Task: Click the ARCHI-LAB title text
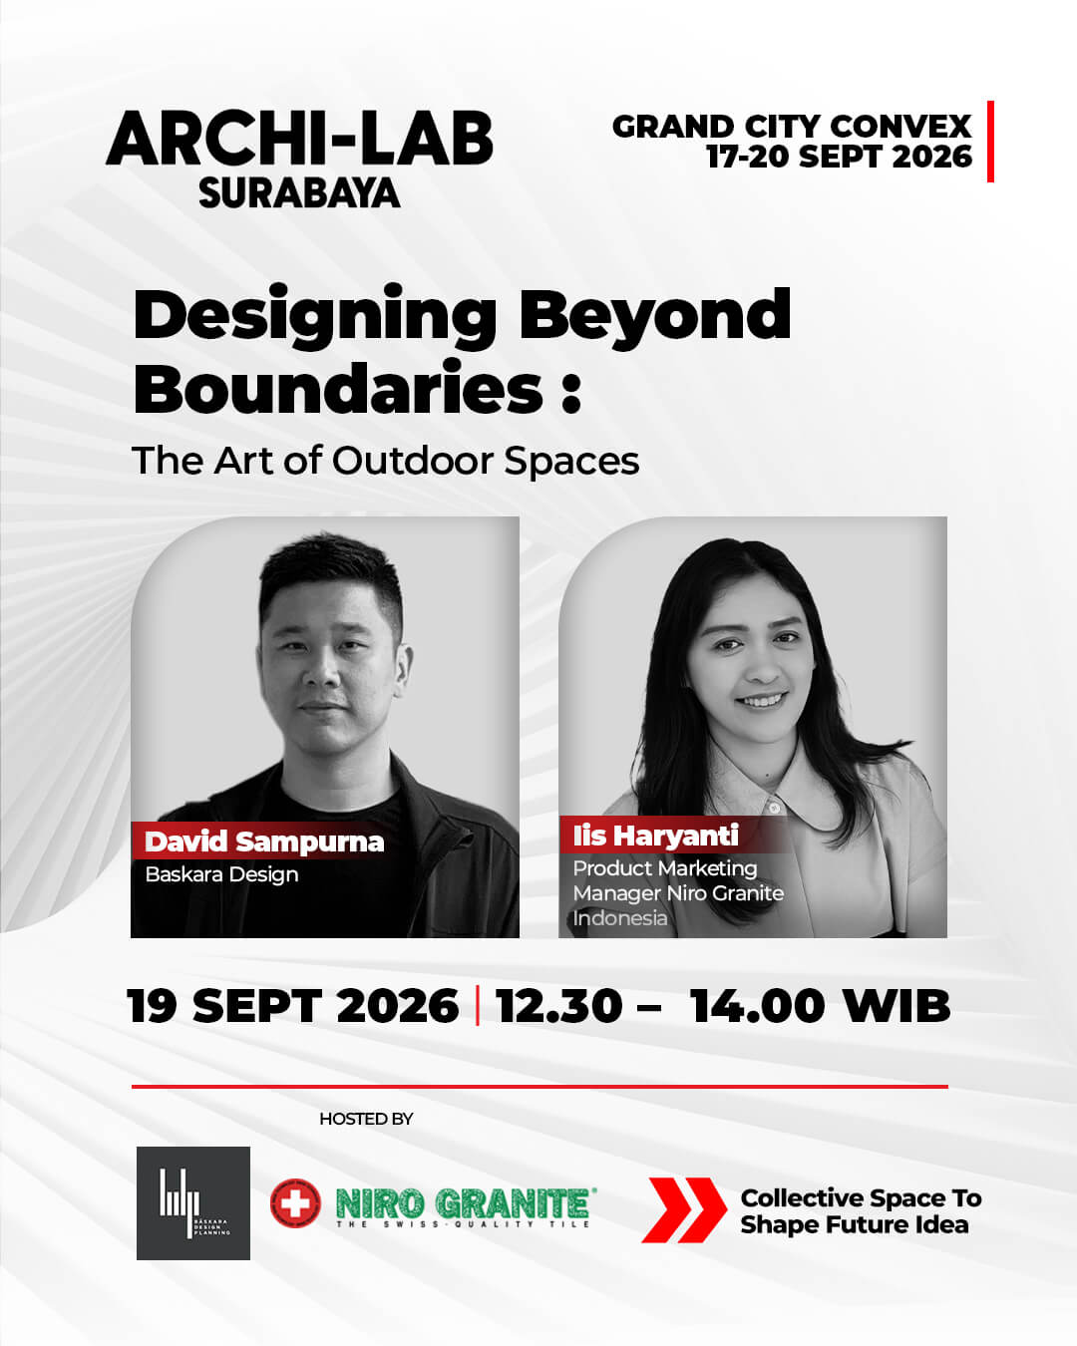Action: pos(300,139)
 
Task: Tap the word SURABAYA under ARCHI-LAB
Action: pos(299,192)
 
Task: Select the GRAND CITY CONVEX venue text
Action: pos(792,127)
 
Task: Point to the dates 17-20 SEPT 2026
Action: pos(840,157)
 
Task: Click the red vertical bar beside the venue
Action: pos(990,142)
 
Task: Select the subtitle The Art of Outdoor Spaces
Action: pos(386,461)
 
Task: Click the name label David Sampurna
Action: pos(264,841)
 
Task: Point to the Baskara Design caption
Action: pos(221,874)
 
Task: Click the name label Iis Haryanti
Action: pos(656,836)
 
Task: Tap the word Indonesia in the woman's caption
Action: pos(620,918)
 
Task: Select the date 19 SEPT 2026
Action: pos(293,1006)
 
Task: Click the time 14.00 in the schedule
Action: pos(757,1006)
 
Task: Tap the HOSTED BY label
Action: pos(366,1119)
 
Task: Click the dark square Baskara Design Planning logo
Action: pos(193,1203)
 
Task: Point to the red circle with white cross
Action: pos(295,1202)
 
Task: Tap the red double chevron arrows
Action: pos(683,1209)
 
